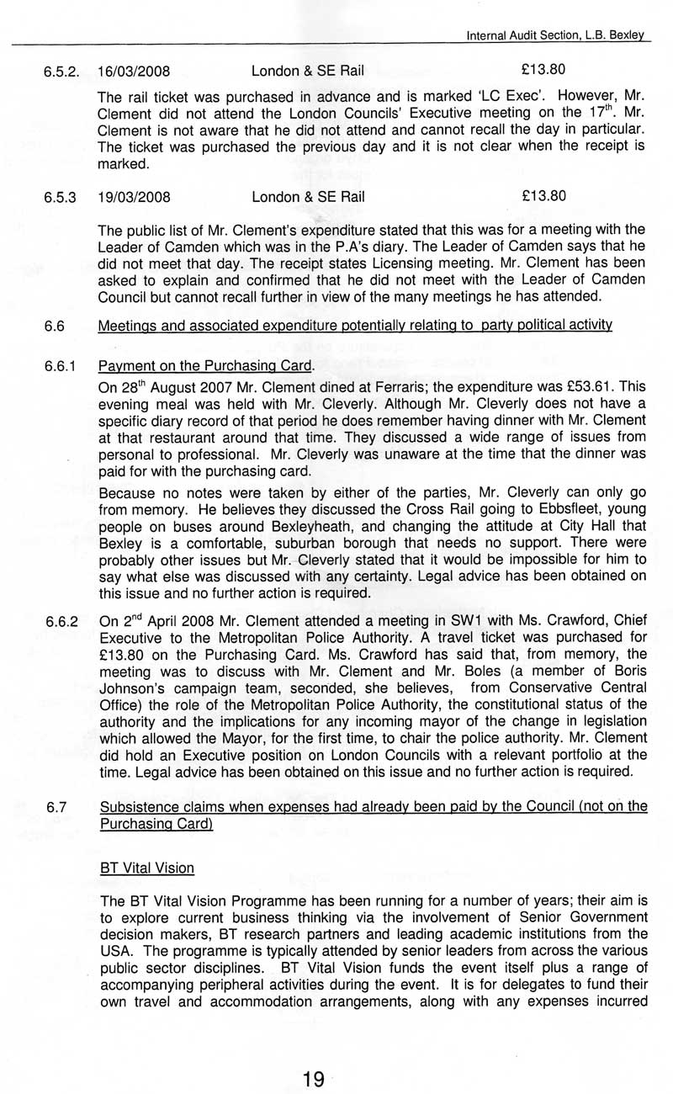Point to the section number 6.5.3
[x=61, y=198]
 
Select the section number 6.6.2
[x=61, y=623]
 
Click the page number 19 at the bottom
[x=314, y=1079]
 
